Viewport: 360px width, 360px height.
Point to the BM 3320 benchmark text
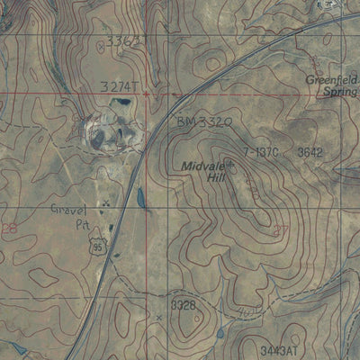(x=204, y=119)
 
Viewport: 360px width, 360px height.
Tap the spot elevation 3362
(x=123, y=41)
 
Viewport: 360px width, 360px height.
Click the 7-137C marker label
(x=260, y=152)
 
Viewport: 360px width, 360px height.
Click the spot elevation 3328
(x=183, y=306)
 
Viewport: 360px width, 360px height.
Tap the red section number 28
(x=10, y=230)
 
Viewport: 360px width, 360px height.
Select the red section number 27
(x=280, y=230)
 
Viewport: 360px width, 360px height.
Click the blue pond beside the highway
(x=140, y=198)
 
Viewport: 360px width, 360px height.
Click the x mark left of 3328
(x=159, y=317)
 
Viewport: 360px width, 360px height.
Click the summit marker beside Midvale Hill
(x=230, y=164)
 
